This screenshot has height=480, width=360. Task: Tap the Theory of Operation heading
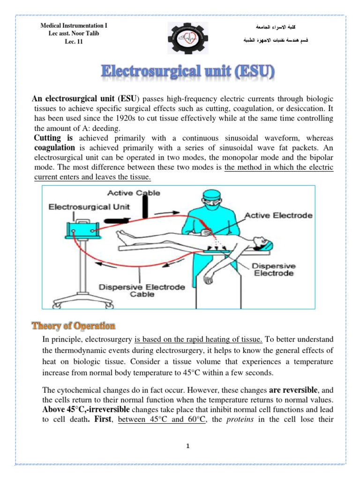pyautogui.click(x=73, y=325)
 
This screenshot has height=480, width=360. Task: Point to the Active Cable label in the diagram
pyautogui.click(x=133, y=193)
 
